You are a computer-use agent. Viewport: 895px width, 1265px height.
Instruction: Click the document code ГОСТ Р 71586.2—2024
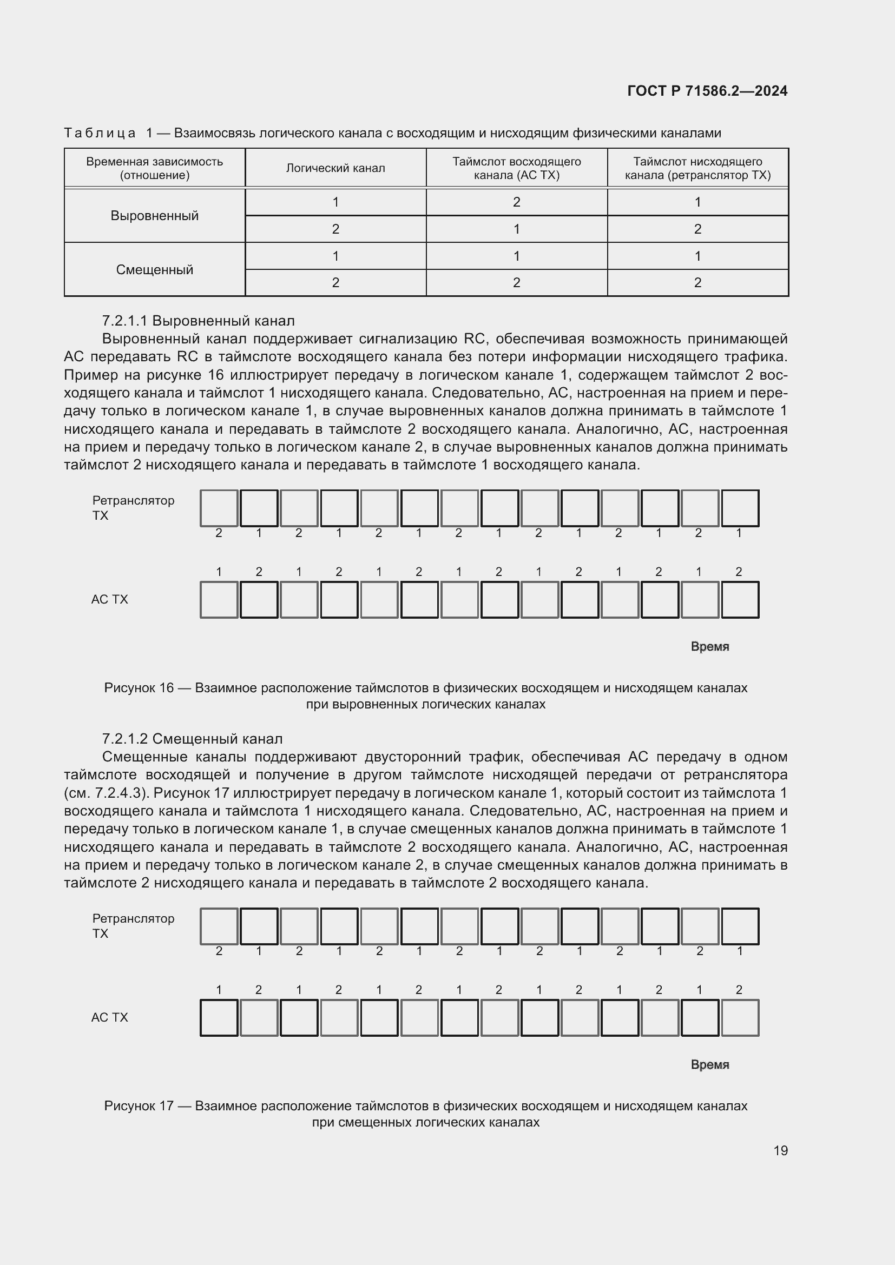click(707, 91)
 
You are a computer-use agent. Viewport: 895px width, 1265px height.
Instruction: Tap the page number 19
click(780, 1150)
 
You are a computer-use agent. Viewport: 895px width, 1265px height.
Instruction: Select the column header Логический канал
click(335, 168)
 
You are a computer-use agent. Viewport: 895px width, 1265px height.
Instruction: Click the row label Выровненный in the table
click(154, 215)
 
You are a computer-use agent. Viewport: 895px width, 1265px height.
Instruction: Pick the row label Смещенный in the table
click(154, 269)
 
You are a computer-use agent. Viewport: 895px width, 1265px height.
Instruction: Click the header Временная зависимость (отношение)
click(154, 168)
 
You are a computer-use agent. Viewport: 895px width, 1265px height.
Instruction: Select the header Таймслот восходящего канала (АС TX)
click(516, 168)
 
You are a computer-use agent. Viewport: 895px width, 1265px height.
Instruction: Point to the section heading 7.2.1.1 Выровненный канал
click(199, 321)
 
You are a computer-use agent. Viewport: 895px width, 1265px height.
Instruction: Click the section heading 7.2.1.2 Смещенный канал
click(192, 739)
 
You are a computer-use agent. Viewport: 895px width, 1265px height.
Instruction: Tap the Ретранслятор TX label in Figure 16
click(133, 507)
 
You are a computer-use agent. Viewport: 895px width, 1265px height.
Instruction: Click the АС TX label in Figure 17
click(110, 1018)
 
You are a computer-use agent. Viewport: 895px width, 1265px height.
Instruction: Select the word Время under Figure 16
click(710, 647)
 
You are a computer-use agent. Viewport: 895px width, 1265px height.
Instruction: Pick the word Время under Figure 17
click(710, 1065)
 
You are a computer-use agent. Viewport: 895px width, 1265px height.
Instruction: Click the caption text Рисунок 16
click(139, 687)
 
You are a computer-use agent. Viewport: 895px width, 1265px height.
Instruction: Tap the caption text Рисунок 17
click(139, 1106)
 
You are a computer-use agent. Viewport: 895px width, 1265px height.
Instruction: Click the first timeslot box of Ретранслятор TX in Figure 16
click(219, 508)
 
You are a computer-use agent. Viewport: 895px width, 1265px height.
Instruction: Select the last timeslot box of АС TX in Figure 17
click(740, 1018)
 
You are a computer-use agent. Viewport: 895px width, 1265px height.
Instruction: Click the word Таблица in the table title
click(100, 133)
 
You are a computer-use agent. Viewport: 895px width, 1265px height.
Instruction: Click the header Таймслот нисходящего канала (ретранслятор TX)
click(697, 168)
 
